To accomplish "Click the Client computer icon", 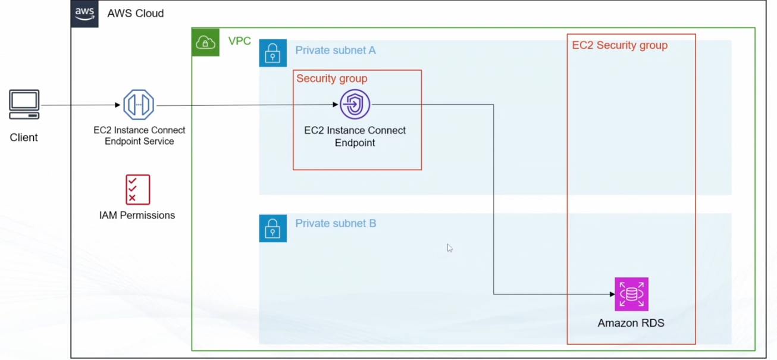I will pyautogui.click(x=24, y=105).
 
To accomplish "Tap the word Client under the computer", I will pyautogui.click(x=24, y=137).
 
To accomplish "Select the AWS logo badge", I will pyautogui.click(x=84, y=14).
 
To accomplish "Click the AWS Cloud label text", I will pyautogui.click(x=135, y=13).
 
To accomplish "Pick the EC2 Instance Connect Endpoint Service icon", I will pyautogui.click(x=139, y=105).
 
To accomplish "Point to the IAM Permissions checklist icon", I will pyautogui.click(x=137, y=189).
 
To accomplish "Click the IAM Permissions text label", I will pyautogui.click(x=137, y=215).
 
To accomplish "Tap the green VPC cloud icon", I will pyautogui.click(x=205, y=42).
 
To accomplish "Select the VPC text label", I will pyautogui.click(x=239, y=41).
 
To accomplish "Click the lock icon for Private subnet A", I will pyautogui.click(x=272, y=53).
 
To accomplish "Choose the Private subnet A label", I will pyautogui.click(x=336, y=51).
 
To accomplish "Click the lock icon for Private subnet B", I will pyautogui.click(x=272, y=228).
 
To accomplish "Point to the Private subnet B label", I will pyautogui.click(x=336, y=224).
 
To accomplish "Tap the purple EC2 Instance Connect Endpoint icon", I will pyautogui.click(x=355, y=104).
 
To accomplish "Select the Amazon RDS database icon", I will pyautogui.click(x=631, y=294).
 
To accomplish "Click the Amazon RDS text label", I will pyautogui.click(x=631, y=323).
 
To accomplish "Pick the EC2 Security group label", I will pyautogui.click(x=619, y=45).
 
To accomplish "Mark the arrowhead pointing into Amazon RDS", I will pyautogui.click(x=612, y=294).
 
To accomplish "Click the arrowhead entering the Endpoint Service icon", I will pyautogui.click(x=118, y=105).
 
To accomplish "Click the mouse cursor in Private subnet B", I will pyautogui.click(x=449, y=248).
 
